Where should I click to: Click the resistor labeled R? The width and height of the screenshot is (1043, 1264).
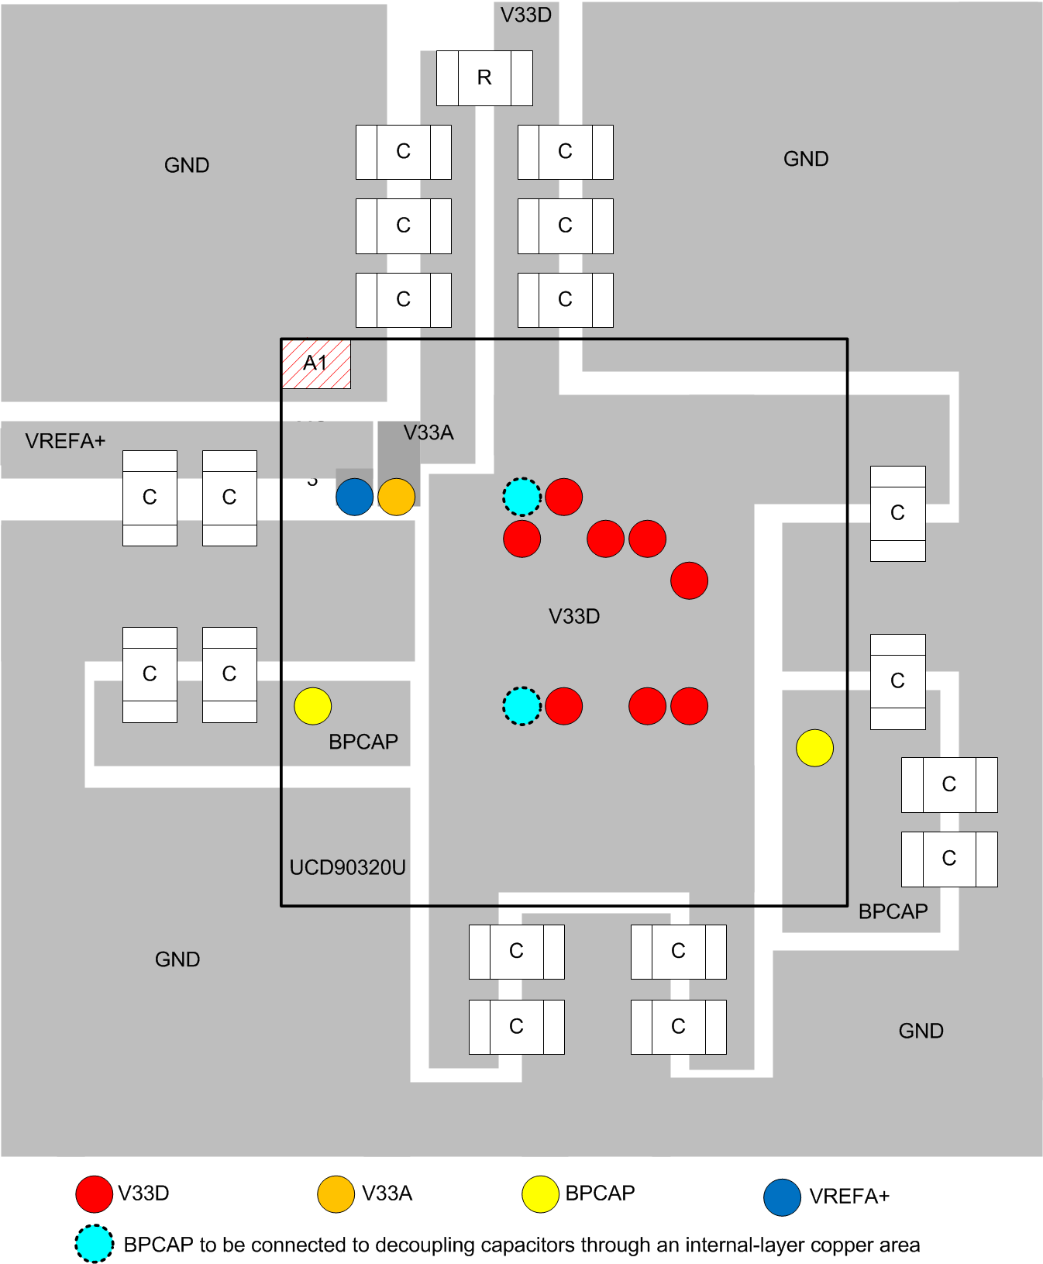[x=484, y=77]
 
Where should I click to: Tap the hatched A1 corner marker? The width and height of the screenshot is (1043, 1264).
[x=316, y=363]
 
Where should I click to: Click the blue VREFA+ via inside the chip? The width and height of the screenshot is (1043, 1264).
[x=355, y=497]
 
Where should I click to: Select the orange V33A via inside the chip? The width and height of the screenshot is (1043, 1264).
[x=397, y=497]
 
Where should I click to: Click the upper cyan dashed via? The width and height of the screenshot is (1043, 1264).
[x=522, y=497]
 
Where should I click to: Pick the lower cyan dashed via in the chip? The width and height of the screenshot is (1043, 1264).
[x=522, y=706]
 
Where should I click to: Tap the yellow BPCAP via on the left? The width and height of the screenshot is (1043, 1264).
[x=313, y=706]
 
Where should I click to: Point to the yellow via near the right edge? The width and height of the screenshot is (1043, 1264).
[x=815, y=748]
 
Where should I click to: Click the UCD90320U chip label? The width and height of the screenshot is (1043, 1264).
[x=347, y=867]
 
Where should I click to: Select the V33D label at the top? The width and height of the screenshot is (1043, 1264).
[x=526, y=15]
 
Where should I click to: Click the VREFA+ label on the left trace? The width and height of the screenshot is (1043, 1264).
[x=65, y=441]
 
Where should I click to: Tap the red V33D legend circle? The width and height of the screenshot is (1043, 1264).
[x=95, y=1193]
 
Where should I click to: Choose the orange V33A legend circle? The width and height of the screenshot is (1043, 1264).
[x=336, y=1193]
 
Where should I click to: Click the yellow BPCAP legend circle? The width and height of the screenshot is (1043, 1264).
[x=541, y=1193]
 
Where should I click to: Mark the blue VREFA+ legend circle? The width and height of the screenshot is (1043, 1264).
[x=782, y=1197]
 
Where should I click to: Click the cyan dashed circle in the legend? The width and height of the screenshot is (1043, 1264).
[x=95, y=1244]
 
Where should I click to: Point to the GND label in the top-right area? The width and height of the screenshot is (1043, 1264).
[x=806, y=159]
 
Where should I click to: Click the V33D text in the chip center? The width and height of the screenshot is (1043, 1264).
[x=574, y=616]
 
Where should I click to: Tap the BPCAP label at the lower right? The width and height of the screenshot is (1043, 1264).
[x=893, y=911]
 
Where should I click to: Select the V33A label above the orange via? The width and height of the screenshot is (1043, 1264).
[x=429, y=432]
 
